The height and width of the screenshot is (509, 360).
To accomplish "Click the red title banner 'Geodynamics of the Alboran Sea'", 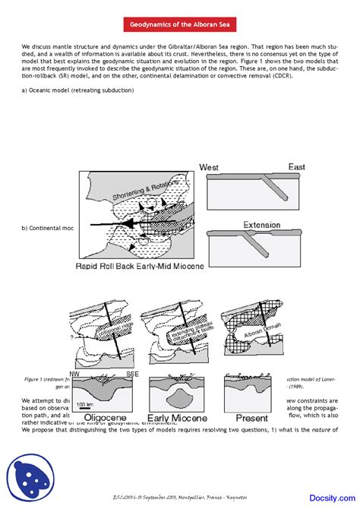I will click(x=179, y=25).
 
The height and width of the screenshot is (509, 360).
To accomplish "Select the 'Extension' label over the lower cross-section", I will click(x=261, y=225).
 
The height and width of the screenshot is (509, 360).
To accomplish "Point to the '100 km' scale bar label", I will click(x=85, y=404).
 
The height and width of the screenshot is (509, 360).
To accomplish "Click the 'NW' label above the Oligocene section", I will click(x=74, y=374).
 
